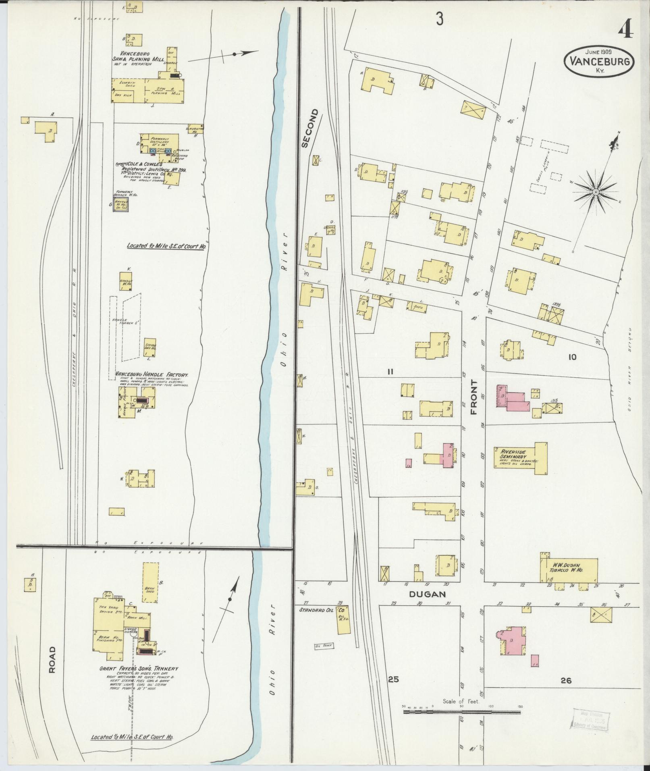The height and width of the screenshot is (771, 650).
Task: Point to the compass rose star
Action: pyautogui.click(x=595, y=192)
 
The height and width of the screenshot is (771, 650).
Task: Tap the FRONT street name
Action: pyautogui.click(x=473, y=397)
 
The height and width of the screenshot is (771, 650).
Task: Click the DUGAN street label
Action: pyautogui.click(x=428, y=594)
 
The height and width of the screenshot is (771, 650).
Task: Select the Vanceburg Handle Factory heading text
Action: pyautogui.click(x=152, y=374)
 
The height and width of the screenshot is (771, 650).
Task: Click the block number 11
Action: pyautogui.click(x=390, y=372)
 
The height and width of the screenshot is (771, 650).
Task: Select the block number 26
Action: pyautogui.click(x=566, y=680)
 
